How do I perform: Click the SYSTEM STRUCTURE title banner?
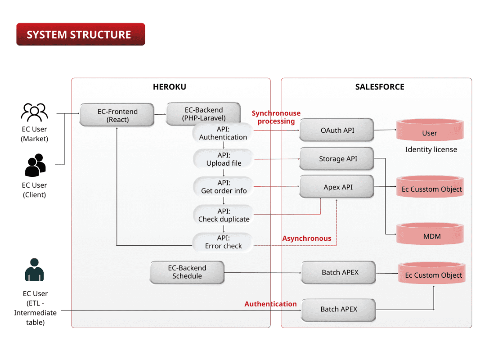pyautogui.click(x=81, y=35)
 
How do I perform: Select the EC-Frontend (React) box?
pyautogui.click(x=117, y=115)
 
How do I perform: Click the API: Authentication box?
pyautogui.click(x=223, y=133)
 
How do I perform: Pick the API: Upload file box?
pyautogui.click(x=224, y=159)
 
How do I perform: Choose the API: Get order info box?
pyautogui.click(x=224, y=187)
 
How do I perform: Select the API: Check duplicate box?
pyautogui.click(x=224, y=215)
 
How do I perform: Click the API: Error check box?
pyautogui.click(x=223, y=242)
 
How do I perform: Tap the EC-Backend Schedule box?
pyautogui.click(x=187, y=272)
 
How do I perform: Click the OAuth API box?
pyautogui.click(x=337, y=130)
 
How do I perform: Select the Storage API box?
pyautogui.click(x=337, y=158)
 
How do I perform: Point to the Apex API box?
pyautogui.click(x=337, y=187)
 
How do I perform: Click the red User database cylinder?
pyautogui.click(x=429, y=131)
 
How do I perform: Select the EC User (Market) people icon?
pyautogui.click(x=35, y=112)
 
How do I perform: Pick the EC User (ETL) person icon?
pyautogui.click(x=35, y=270)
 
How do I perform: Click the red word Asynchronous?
pyautogui.click(x=306, y=238)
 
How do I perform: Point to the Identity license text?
pyautogui.click(x=431, y=149)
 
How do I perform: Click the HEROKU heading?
pyautogui.click(x=169, y=87)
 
